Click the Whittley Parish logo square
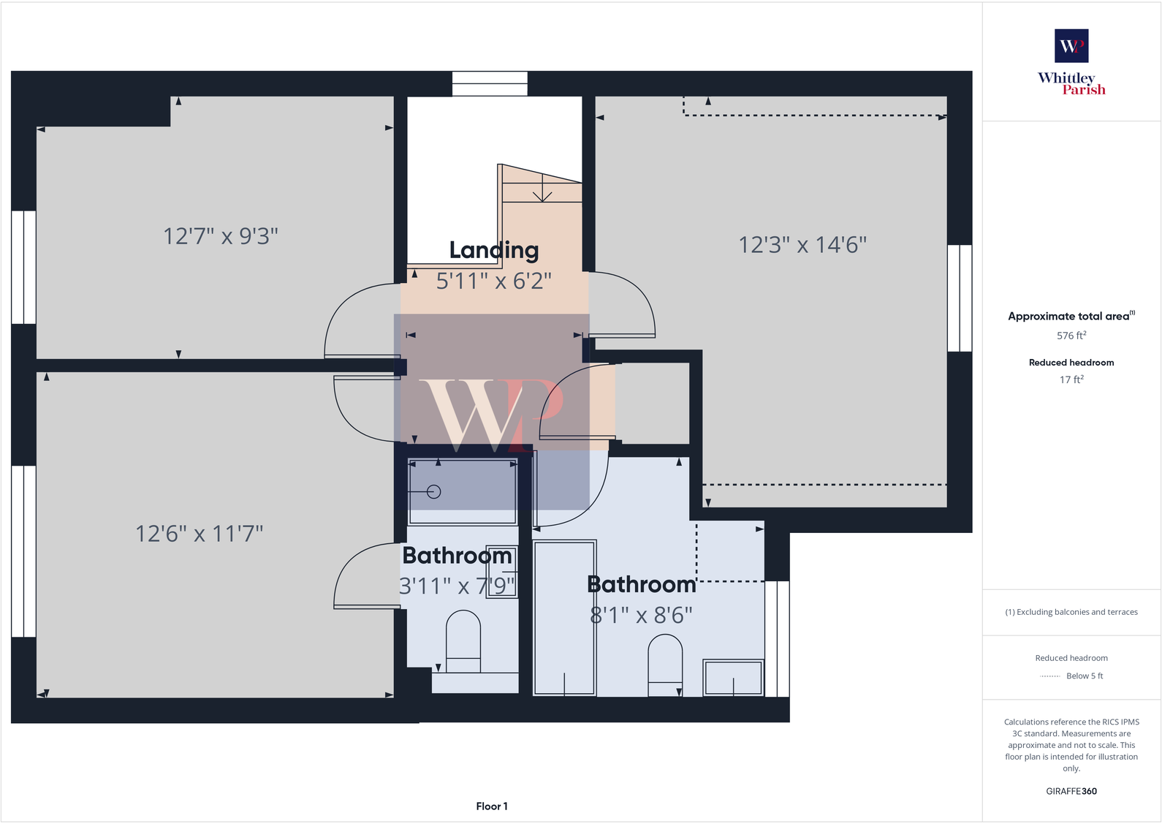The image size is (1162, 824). (x=1071, y=45)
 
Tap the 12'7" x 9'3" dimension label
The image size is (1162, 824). (x=221, y=236)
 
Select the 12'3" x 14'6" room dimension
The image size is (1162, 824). (x=802, y=244)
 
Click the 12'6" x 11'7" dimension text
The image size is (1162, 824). (x=199, y=533)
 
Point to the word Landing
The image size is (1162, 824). (x=493, y=250)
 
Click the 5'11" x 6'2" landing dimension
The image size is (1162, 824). (x=493, y=281)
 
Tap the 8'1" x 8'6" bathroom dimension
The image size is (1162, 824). (x=641, y=615)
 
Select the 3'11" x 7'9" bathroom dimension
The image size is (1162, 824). (x=457, y=586)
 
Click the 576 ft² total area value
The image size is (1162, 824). (x=1071, y=336)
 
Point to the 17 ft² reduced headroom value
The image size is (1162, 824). (x=1071, y=379)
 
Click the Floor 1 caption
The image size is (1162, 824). (x=491, y=806)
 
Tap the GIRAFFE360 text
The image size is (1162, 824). (x=1071, y=791)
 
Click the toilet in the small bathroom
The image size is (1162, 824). (x=463, y=640)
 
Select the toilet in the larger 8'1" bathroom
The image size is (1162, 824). (x=665, y=662)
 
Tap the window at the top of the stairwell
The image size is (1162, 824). (x=490, y=83)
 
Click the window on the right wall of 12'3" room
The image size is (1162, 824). (x=959, y=298)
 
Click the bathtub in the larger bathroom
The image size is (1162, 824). (x=564, y=618)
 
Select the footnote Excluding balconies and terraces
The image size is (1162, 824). (x=1071, y=612)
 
